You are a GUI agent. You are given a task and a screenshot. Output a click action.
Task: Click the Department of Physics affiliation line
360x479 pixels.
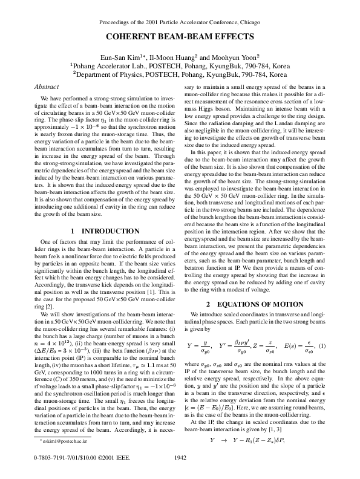click(x=180, y=74)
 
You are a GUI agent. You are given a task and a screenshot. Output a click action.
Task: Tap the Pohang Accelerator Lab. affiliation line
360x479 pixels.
click(x=180, y=64)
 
